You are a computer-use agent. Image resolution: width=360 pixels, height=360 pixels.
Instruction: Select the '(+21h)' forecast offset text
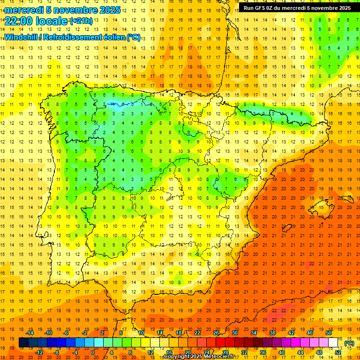pyautogui.click(x=81, y=21)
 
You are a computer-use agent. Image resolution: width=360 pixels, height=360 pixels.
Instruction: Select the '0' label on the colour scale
pyautogui.click(x=93, y=352)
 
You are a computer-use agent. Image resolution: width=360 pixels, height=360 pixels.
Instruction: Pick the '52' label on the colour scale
pyautogui.click(x=338, y=352)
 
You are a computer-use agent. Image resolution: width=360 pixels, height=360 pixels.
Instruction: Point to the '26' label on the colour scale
pyautogui.click(x=216, y=333)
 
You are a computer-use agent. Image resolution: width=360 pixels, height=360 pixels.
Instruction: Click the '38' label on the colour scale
pyautogui.click(x=272, y=333)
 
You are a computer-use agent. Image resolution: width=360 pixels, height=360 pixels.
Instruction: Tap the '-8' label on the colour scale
pyautogui.click(x=57, y=352)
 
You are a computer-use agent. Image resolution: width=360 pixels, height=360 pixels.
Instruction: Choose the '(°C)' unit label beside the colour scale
pyautogui.click(x=349, y=343)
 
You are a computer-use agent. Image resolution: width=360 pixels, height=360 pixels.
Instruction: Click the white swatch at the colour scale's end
pyautogui.click(x=333, y=343)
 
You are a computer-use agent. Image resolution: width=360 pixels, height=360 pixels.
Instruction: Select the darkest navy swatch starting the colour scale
pyautogui.click(x=24, y=343)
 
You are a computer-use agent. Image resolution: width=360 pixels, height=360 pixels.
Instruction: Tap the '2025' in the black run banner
pyautogui.click(x=341, y=8)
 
